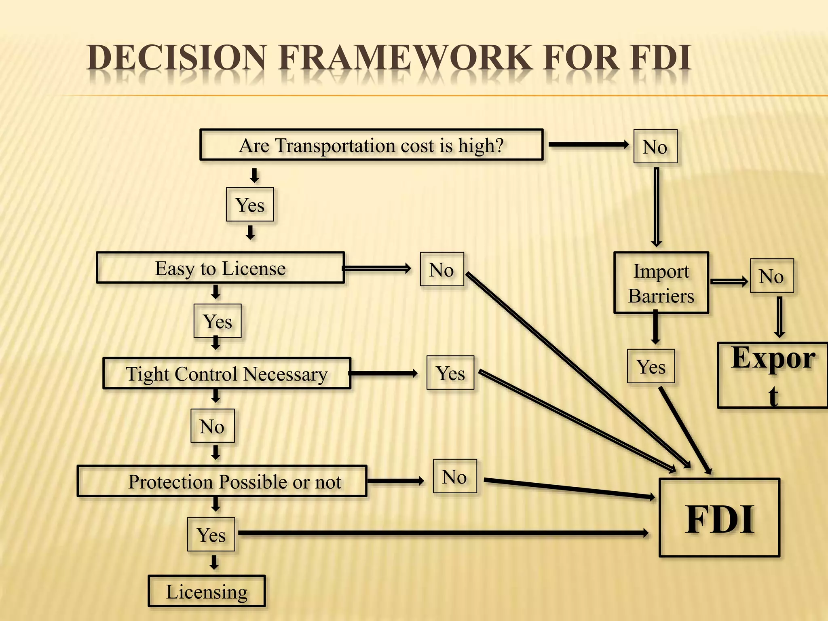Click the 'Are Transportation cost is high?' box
(371, 145)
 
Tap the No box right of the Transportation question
(655, 146)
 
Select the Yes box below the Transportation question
(250, 205)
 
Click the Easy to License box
(220, 268)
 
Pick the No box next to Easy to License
(441, 269)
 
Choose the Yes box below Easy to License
(218, 321)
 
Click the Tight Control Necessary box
(227, 374)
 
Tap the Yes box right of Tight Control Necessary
(450, 373)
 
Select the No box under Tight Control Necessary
(212, 426)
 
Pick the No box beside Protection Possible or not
(454, 476)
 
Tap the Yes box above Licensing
(211, 534)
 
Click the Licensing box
(207, 591)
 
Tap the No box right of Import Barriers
(771, 276)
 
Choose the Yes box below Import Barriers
(651, 366)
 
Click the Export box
(772, 375)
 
